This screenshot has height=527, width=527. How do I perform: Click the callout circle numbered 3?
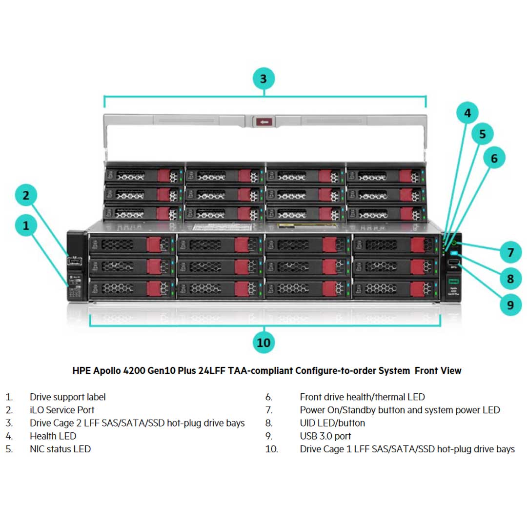(x=263, y=78)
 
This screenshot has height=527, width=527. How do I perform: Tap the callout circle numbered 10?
(x=263, y=342)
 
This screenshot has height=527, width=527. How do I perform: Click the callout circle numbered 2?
(x=26, y=196)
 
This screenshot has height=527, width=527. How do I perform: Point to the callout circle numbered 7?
(x=510, y=252)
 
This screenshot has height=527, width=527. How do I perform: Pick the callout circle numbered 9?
(x=510, y=305)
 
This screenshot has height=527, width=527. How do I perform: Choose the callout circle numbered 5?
(x=482, y=134)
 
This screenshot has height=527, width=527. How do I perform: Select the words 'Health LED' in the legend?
(x=53, y=436)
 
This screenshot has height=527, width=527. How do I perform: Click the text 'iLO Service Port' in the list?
(x=62, y=410)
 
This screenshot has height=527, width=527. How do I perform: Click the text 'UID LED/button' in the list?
(x=332, y=423)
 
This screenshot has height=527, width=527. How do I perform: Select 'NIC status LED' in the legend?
(x=60, y=449)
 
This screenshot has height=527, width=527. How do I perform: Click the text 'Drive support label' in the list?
(x=67, y=397)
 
